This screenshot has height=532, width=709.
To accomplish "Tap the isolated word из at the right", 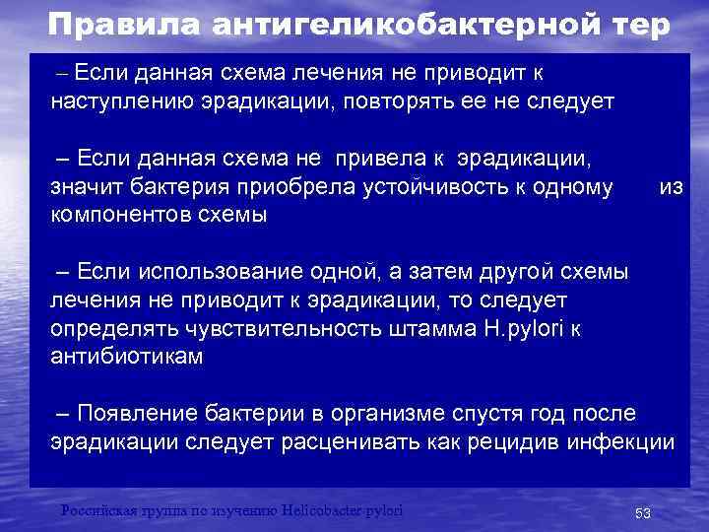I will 671,187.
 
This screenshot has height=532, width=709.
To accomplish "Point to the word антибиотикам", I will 126,357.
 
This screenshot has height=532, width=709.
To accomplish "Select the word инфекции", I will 620,440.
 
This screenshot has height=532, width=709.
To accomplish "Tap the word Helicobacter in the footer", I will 323,509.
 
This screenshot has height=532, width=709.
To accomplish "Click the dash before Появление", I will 63,412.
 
